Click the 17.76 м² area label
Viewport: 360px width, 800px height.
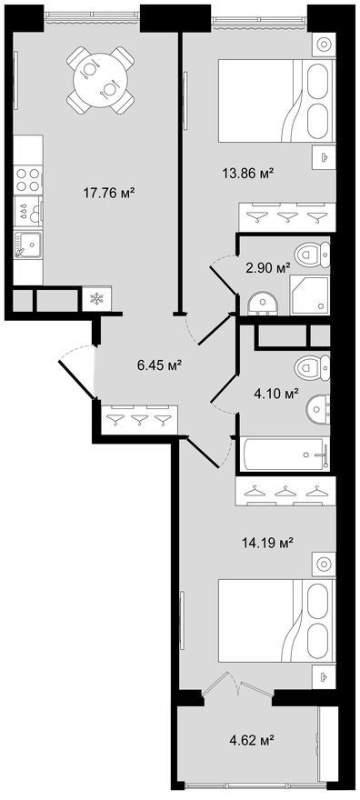pos(108,193)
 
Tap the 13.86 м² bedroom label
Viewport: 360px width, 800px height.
pos(249,173)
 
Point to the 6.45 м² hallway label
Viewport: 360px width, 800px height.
pos(160,365)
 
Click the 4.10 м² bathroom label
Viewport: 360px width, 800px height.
pos(276,393)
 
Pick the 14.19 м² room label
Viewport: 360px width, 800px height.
pos(267,544)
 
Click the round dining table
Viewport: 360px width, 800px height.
pos(100,80)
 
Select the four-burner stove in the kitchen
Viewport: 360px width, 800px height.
pos(28,180)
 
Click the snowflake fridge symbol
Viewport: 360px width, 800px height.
pos(96,299)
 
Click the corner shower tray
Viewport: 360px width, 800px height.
pos(309,295)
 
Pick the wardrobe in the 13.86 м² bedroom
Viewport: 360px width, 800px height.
pos(287,215)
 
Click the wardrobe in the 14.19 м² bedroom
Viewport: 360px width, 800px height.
pos(285,491)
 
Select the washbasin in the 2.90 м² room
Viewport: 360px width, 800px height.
pos(262,303)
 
